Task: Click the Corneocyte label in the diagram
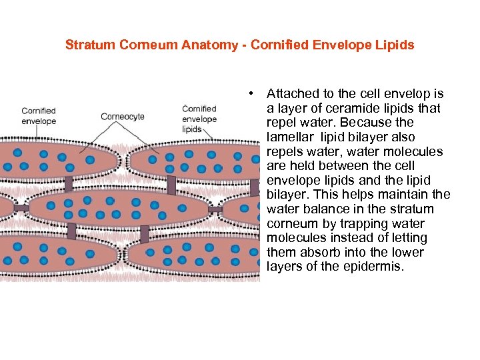click(x=123, y=117)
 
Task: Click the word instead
click(x=351, y=238)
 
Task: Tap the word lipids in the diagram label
click(x=192, y=129)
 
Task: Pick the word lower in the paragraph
click(x=407, y=253)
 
